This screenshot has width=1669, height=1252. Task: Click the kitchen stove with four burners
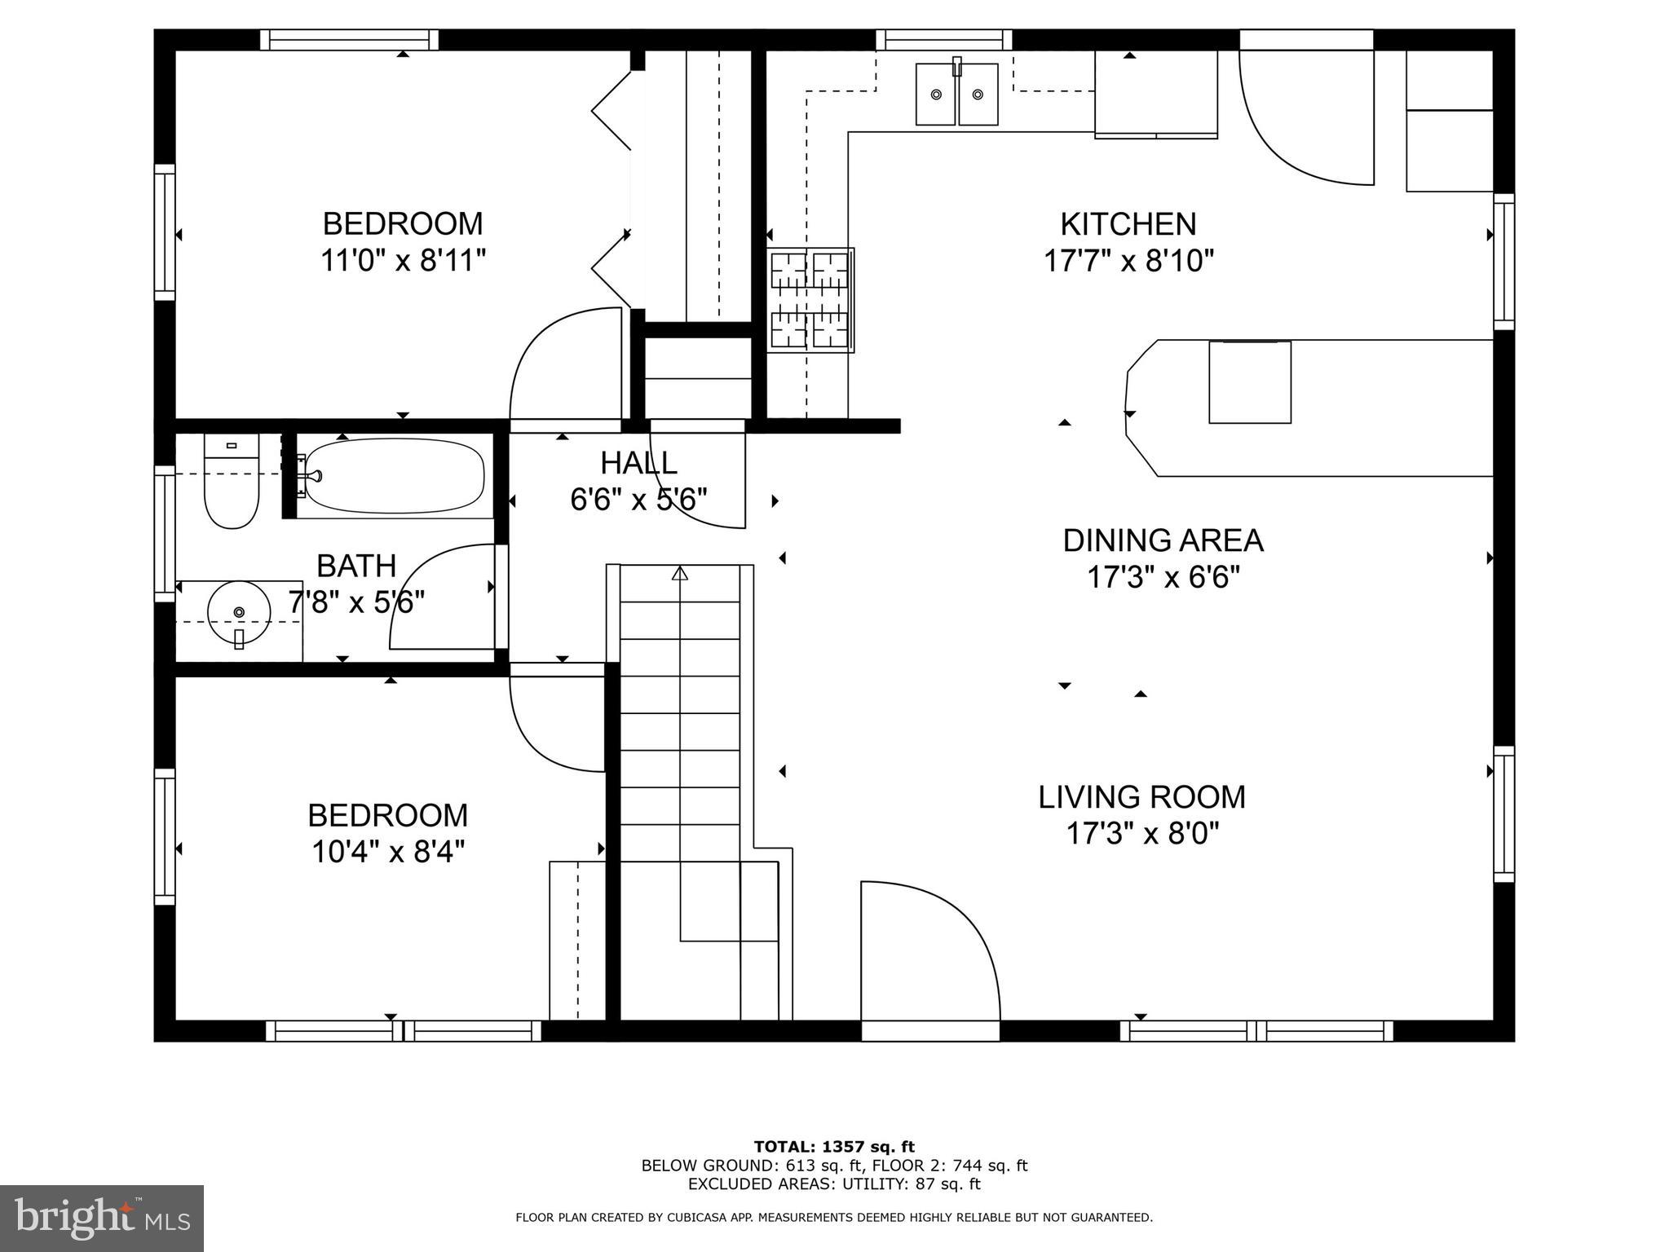pyautogui.click(x=810, y=300)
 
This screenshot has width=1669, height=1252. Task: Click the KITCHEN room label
pyautogui.click(x=1128, y=224)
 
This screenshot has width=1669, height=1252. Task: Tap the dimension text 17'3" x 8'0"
pyautogui.click(x=1141, y=834)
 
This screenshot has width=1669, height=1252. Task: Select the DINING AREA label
pyautogui.click(x=1163, y=540)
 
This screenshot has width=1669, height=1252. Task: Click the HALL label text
pyautogui.click(x=638, y=463)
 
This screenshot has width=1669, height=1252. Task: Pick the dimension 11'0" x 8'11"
pyautogui.click(x=403, y=261)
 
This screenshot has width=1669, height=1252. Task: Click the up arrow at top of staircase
pyautogui.click(x=679, y=573)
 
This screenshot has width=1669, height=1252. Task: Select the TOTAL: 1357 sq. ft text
pyautogui.click(x=834, y=1147)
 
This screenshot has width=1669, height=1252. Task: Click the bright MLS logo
pyautogui.click(x=101, y=1219)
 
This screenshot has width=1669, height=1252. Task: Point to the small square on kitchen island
pyautogui.click(x=1249, y=381)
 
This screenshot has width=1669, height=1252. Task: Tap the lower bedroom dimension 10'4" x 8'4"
pyautogui.click(x=387, y=853)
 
